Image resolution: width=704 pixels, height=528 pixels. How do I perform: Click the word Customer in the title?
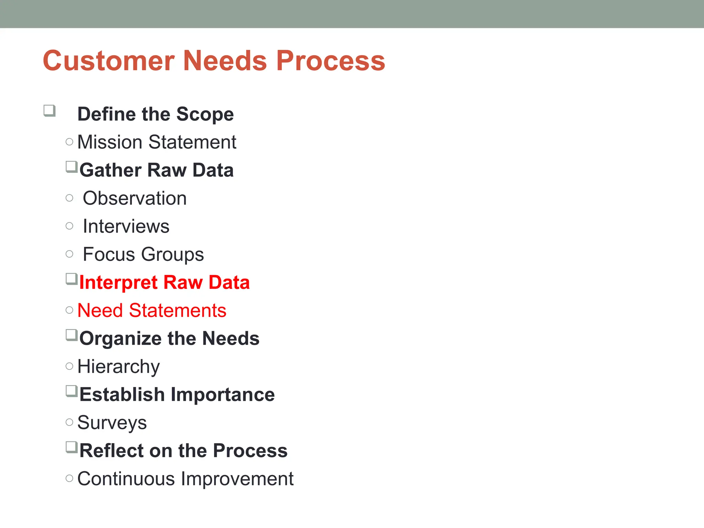point(109,61)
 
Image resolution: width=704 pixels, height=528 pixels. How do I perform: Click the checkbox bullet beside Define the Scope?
point(49,111)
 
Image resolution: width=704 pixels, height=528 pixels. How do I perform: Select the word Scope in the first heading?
point(205,114)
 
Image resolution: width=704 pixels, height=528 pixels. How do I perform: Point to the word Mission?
point(110,142)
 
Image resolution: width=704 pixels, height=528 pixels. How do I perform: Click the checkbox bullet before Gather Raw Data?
point(71,167)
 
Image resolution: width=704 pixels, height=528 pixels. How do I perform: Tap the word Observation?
point(135,198)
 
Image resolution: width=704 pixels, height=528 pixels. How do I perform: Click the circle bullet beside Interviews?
point(69,226)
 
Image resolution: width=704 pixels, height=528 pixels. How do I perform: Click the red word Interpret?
point(118,283)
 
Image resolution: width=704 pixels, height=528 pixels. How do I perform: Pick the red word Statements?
point(177,310)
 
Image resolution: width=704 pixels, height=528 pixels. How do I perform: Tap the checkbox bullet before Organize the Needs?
point(71,335)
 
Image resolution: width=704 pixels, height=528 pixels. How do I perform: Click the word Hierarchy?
point(119,367)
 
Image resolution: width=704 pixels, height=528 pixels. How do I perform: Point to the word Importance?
point(223,395)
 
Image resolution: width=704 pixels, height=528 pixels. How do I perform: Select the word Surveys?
point(112,423)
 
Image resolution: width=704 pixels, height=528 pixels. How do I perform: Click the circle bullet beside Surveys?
point(69,422)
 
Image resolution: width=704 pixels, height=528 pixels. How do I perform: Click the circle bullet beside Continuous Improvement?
point(69,478)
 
